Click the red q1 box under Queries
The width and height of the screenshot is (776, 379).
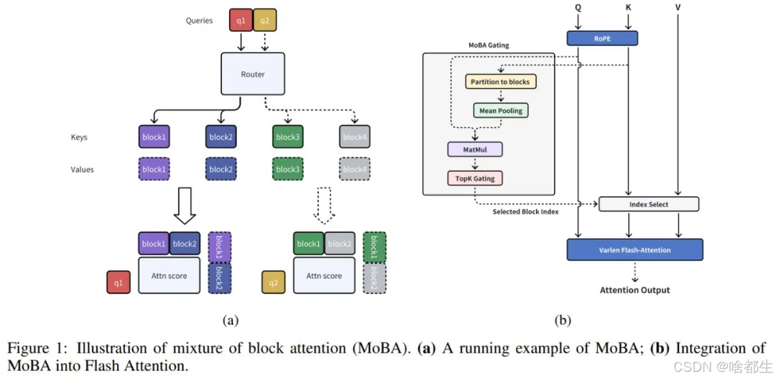(241, 20)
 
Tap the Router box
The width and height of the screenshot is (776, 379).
(253, 74)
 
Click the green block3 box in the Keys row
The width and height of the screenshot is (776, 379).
(287, 137)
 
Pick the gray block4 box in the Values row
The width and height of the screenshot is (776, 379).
(354, 170)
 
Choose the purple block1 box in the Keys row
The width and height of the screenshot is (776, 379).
(153, 137)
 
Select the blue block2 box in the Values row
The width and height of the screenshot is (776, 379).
(221, 170)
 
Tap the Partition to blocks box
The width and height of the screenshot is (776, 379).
(500, 82)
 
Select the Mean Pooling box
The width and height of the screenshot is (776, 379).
(500, 111)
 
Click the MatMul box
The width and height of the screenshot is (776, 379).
(474, 150)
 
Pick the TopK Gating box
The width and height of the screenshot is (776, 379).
(474, 178)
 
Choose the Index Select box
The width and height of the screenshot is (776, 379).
(649, 204)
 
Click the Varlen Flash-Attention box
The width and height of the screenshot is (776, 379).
(634, 250)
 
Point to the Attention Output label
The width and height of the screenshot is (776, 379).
(634, 290)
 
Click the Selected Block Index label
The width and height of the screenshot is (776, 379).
(526, 212)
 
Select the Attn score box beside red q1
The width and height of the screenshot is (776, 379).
(168, 276)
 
